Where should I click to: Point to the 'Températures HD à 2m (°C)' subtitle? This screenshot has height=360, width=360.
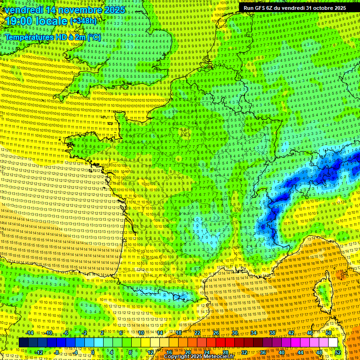pos(52,37)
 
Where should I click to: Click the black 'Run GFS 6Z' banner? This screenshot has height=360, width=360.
pos(294,8)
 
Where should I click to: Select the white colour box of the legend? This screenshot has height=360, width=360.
pos(333,343)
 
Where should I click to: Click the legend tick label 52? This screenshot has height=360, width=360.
pos(338,352)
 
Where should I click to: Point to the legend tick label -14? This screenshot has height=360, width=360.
pos(29,333)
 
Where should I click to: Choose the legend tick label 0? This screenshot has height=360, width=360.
pos(93,352)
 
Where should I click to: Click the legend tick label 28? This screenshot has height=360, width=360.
pos(225,352)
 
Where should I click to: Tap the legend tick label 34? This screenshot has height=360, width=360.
pos(254,333)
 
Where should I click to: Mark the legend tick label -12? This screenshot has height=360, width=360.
pos(39,352)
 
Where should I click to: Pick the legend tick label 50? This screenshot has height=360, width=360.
pos(329,333)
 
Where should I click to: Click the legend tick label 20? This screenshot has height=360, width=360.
pos(188,352)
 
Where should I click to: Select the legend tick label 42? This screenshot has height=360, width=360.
pos(291,333)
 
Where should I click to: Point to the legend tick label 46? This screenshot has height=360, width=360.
pos(310,333)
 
